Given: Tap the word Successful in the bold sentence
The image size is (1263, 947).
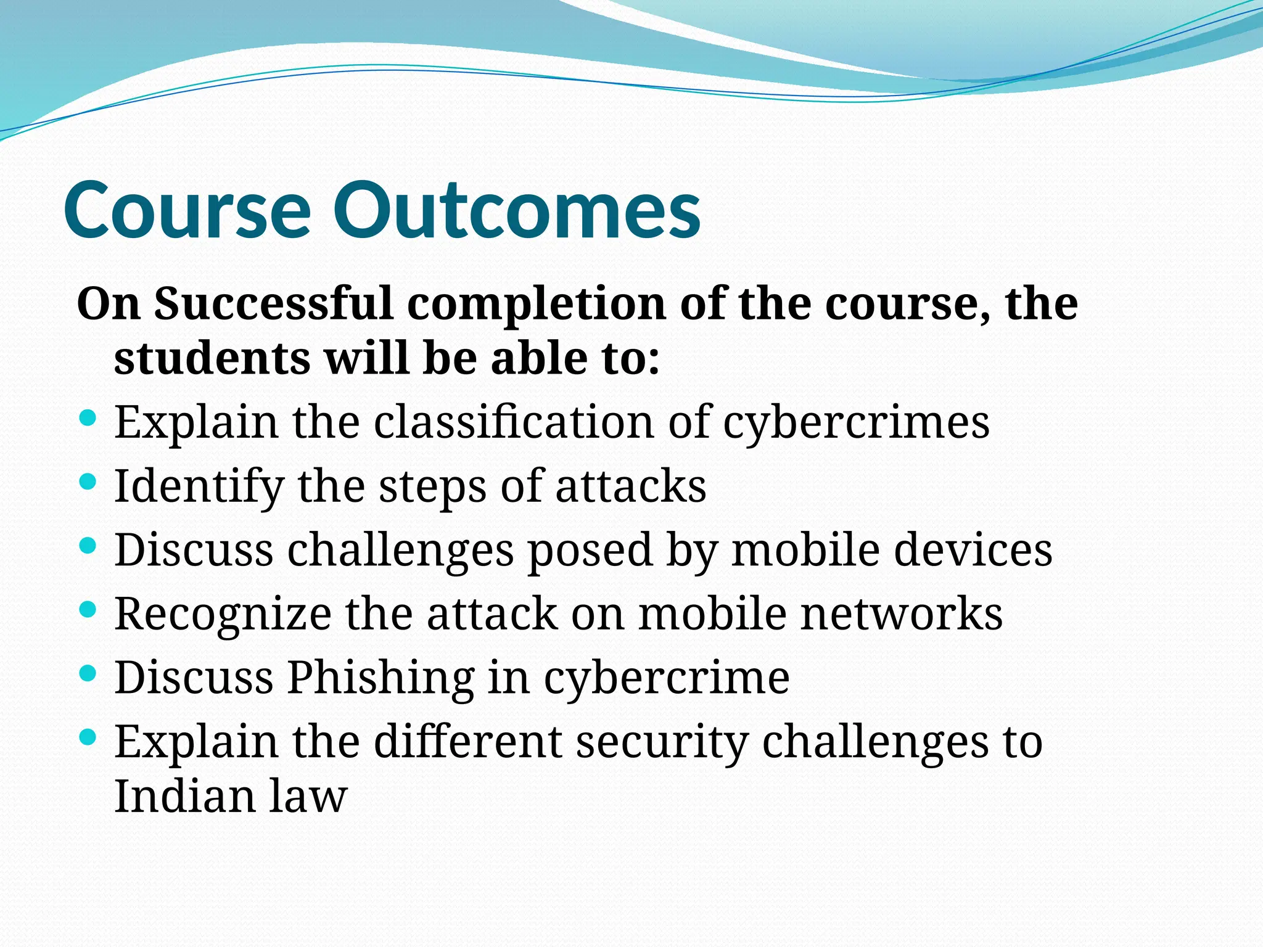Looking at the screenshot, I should coord(273,304).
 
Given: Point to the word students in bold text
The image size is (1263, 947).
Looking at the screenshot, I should coord(212,359).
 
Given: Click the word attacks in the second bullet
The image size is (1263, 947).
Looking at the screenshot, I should coord(630,487).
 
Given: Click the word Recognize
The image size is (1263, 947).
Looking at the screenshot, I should coord(223,615).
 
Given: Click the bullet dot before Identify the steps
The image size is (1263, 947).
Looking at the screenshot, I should coord(88,481).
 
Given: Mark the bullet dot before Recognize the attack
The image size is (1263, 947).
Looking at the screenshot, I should coord(88,609).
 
